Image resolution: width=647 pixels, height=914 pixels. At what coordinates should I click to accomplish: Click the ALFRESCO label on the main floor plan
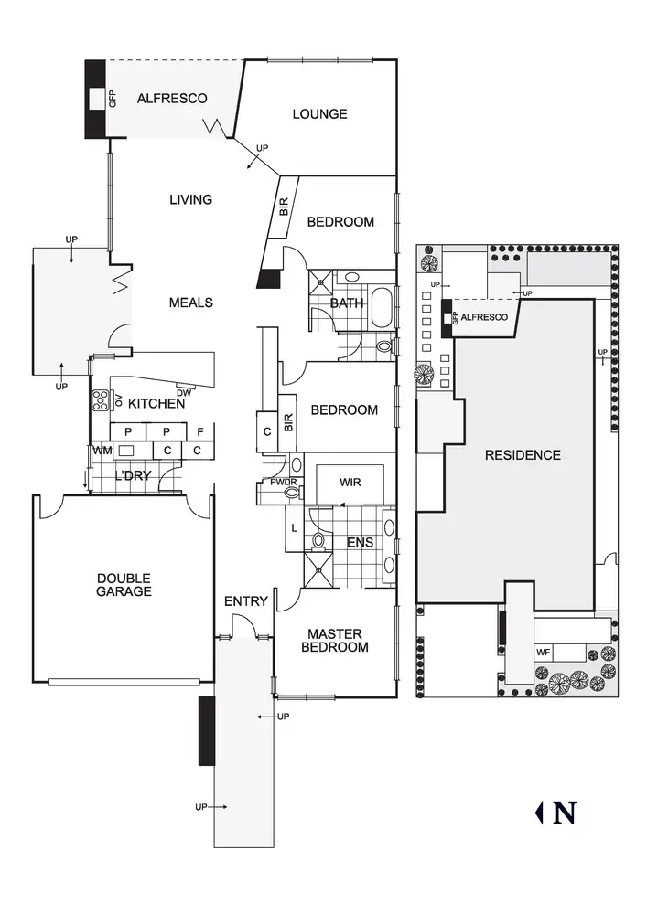(172, 99)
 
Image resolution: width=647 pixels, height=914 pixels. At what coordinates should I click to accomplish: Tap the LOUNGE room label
(319, 114)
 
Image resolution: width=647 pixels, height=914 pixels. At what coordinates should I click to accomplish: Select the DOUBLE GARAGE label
(124, 585)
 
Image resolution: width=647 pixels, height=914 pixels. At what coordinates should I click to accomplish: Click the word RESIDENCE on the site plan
(523, 455)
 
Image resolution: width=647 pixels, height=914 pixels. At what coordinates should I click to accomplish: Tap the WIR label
(350, 481)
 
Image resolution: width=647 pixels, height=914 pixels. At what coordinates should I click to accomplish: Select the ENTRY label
(246, 601)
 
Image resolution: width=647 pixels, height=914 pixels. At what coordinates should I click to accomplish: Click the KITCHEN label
(156, 403)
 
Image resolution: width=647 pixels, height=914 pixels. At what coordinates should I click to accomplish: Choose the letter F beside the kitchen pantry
(200, 431)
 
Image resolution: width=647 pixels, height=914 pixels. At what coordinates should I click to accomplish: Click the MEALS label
(190, 303)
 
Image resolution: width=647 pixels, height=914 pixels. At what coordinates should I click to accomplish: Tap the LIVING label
(190, 199)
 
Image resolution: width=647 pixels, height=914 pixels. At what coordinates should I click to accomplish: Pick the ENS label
(359, 543)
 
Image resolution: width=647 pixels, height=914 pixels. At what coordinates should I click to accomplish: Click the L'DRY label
(134, 476)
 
